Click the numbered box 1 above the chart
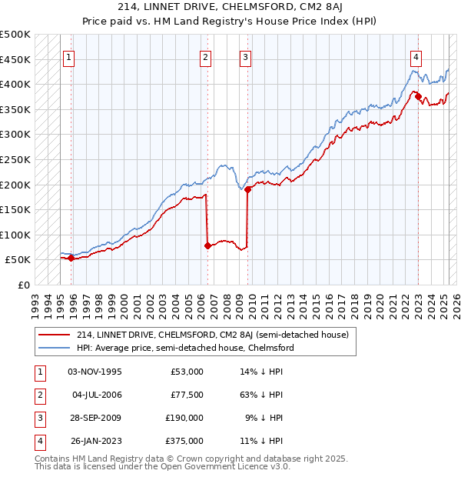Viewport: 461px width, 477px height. [70, 56]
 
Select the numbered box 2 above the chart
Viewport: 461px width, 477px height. [206, 56]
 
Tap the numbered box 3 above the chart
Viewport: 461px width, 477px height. [245, 56]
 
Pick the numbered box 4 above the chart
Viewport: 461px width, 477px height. [416, 56]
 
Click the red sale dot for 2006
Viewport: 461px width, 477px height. [208, 246]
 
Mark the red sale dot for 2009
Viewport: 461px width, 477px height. [248, 190]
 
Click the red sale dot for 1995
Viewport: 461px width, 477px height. [71, 259]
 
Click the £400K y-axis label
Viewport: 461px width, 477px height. [15, 84]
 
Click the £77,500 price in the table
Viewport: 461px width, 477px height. [187, 395]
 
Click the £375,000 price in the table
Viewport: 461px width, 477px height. [185, 441]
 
